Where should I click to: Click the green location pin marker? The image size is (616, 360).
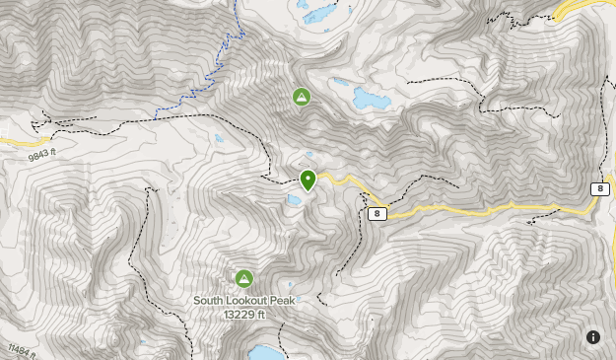(x=308, y=180)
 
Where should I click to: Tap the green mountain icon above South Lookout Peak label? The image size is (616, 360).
(x=243, y=279)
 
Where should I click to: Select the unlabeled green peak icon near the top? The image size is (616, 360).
(x=302, y=97)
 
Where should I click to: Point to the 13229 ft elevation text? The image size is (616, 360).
(x=243, y=314)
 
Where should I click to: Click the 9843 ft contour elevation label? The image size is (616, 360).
(x=41, y=155)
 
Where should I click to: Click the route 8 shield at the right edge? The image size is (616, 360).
(x=600, y=188)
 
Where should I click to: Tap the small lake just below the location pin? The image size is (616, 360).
(x=295, y=200)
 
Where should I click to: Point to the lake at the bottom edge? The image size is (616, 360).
(x=263, y=353)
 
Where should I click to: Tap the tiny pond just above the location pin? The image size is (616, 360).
(x=309, y=155)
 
